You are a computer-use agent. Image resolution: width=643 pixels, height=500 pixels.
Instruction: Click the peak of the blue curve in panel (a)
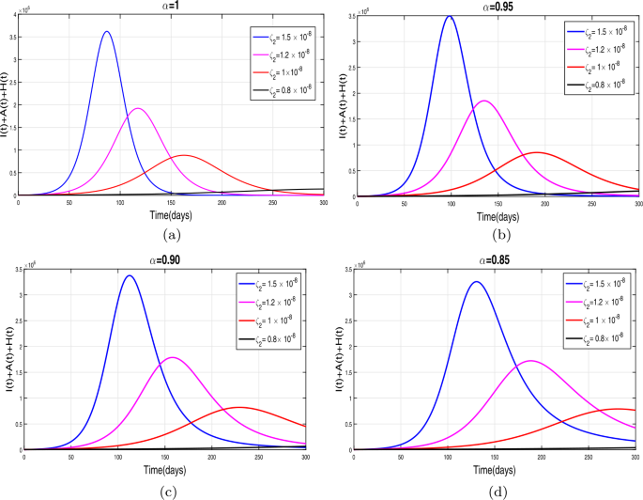(x=106, y=31)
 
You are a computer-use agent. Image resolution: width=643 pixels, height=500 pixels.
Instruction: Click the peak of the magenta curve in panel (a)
(x=139, y=108)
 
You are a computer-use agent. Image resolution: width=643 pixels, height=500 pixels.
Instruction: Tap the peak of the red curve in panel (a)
(x=183, y=155)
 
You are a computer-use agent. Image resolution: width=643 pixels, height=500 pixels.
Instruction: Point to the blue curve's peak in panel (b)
(x=451, y=16)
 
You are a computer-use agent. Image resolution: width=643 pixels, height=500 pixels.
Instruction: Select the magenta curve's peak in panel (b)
(x=484, y=100)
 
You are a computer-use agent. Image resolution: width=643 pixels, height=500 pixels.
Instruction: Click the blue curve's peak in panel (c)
(x=128, y=274)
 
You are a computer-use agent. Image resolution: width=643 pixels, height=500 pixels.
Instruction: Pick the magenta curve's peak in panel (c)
(x=173, y=357)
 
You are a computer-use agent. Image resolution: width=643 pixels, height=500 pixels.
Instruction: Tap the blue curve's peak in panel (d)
(x=478, y=281)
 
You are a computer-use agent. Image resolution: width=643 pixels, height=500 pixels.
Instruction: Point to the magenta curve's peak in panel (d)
(x=531, y=360)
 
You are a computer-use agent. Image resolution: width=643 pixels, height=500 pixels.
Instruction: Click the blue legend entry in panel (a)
(x=285, y=39)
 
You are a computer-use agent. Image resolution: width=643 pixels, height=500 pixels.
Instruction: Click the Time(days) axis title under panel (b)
(x=500, y=215)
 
